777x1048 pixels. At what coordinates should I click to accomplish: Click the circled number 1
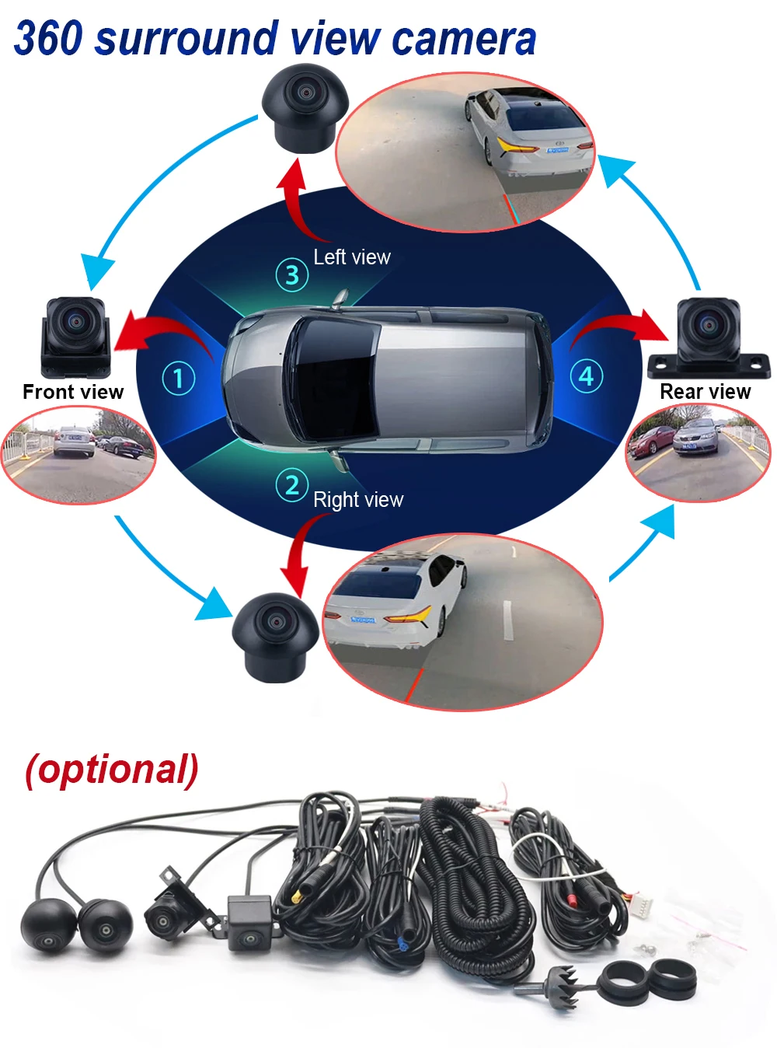(178, 379)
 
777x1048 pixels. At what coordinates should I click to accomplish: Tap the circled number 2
(292, 485)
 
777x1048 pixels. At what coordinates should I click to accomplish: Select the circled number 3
(292, 274)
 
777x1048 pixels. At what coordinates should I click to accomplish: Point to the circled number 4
(587, 376)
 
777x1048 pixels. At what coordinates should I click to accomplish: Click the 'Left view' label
(352, 257)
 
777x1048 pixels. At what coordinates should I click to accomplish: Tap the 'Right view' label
(358, 500)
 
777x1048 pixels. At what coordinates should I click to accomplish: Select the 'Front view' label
(73, 392)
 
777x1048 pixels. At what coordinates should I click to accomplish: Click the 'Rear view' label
(706, 392)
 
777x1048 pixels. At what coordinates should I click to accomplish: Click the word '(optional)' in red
(112, 770)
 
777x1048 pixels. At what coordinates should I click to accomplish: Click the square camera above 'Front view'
(75, 334)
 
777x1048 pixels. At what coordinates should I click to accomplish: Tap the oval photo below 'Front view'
(78, 455)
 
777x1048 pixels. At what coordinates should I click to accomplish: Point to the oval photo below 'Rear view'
(699, 452)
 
